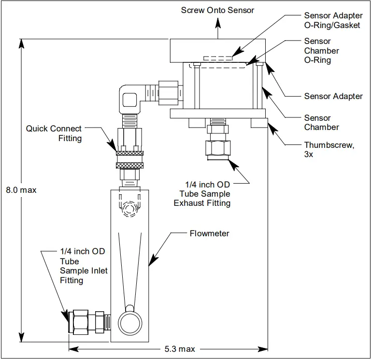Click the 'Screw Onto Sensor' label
pos(217,10)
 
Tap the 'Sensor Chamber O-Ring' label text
pos(321,51)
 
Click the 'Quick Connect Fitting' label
pos(54,133)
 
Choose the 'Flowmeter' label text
pos(209,233)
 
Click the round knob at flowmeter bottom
pos(130,320)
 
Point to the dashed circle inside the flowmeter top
pos(129,209)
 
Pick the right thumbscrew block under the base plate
pos(259,123)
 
